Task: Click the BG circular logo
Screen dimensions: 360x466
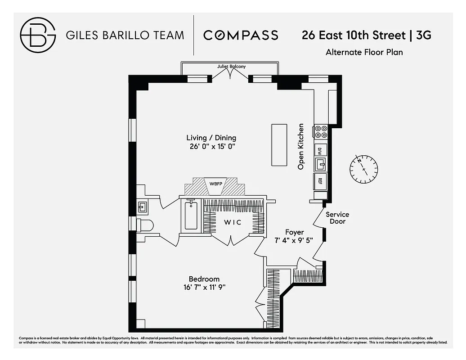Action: coord(38,35)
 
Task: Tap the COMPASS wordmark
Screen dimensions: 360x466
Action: coord(241,35)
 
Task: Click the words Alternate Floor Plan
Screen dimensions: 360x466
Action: coord(364,52)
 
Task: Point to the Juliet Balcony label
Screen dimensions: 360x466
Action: coord(231,67)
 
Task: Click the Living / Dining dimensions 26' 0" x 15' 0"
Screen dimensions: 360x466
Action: coord(211,146)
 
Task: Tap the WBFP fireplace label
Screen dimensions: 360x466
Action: coord(216,184)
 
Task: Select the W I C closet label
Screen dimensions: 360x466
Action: coord(233,222)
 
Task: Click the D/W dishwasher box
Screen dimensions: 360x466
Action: coord(321,150)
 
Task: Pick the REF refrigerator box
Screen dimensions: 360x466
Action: coord(321,181)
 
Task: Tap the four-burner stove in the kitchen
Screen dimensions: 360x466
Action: coord(321,131)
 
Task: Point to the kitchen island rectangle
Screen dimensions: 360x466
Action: coord(279,144)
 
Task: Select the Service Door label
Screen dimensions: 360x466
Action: coord(337,218)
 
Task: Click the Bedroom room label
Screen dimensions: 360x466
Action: coord(204,279)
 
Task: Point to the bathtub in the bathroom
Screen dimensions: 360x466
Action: coord(191,216)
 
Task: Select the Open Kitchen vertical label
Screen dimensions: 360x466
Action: coord(301,147)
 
